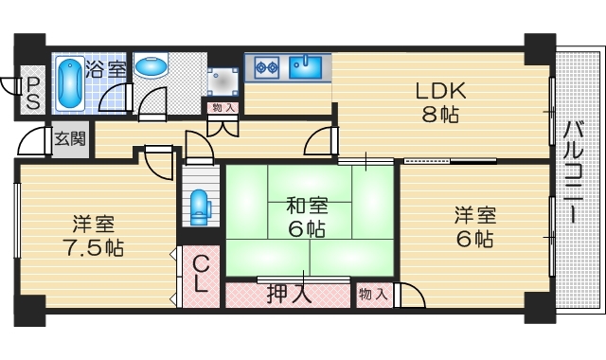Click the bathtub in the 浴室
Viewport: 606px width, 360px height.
tap(69, 83)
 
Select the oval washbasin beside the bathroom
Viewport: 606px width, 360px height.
tap(151, 68)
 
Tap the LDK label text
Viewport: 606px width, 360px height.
tap(438, 92)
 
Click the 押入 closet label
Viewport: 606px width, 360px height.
tap(289, 294)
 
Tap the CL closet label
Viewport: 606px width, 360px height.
tap(202, 273)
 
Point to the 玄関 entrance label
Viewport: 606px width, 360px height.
tap(69, 138)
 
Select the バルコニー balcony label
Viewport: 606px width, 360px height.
tap(575, 172)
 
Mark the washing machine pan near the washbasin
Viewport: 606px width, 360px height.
tap(223, 78)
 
